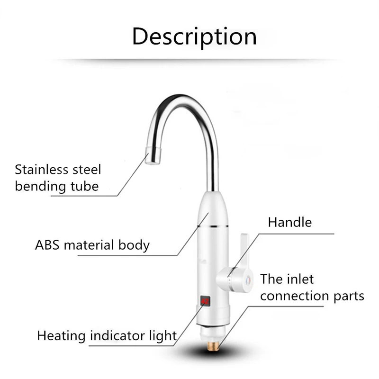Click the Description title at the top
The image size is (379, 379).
coord(194,37)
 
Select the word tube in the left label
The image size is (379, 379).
coord(85,186)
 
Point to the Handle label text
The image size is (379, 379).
coord(290,222)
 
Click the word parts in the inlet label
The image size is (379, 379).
coord(351,296)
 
